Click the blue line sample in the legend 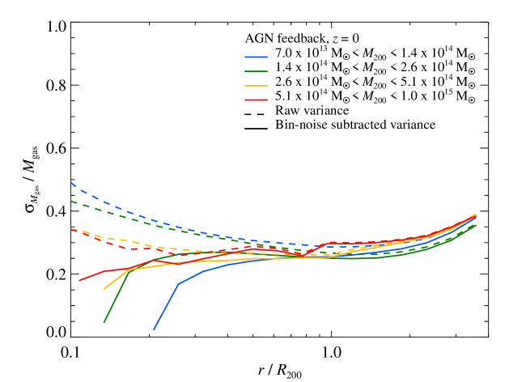(256, 57)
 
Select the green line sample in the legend (256, 71)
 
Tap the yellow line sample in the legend (256, 86)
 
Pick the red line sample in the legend (256, 100)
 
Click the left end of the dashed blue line (71, 183)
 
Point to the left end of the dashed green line (71, 201)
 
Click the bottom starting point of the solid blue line (154, 330)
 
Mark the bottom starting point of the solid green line (104, 323)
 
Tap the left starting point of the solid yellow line (104, 289)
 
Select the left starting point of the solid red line (79, 281)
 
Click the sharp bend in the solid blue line (178, 283)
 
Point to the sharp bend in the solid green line (129, 270)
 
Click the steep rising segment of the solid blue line (166, 307)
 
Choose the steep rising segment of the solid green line (116, 297)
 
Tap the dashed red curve (121, 247)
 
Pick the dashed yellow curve (121, 240)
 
